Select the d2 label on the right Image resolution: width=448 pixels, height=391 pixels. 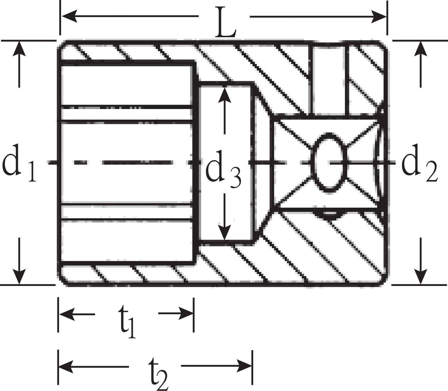tap(420, 163)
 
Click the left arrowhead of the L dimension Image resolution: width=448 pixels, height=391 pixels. tap(69, 16)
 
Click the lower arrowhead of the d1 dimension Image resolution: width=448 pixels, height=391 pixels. tap(19, 277)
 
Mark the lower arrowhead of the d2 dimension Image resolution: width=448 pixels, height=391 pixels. tap(420, 277)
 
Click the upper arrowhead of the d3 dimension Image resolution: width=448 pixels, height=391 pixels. tap(225, 95)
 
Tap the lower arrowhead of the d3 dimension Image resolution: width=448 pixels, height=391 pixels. tap(225, 232)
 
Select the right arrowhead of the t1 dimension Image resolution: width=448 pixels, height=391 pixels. tap(186, 314)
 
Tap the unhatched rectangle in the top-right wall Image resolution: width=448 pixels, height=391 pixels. tap(328, 80)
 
